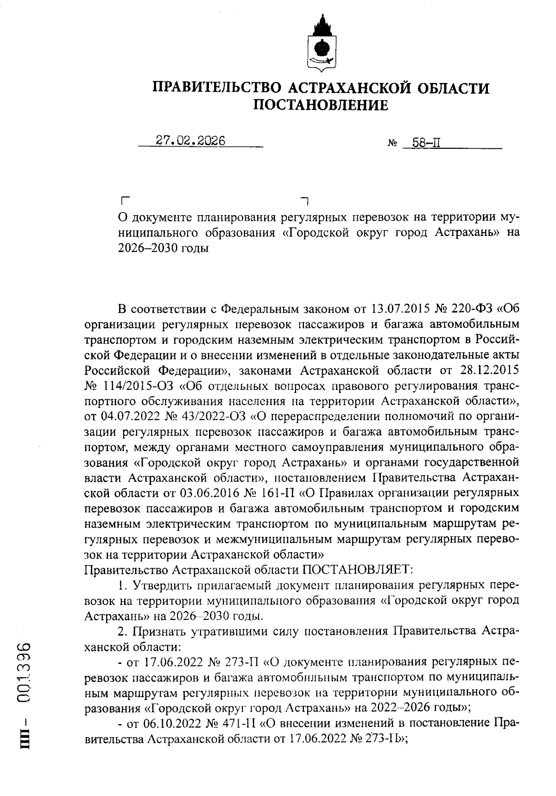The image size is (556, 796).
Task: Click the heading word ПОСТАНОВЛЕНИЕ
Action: tap(321, 105)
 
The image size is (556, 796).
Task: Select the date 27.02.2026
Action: tap(190, 141)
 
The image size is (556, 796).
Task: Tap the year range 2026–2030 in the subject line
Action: tap(145, 248)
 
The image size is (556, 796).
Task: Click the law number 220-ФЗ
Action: tap(470, 308)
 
